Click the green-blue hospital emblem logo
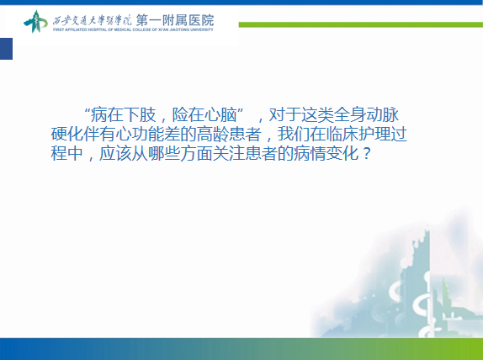click(35, 22)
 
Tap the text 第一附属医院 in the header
click(175, 20)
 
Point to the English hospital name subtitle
click(133, 30)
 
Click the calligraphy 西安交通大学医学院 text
click(92, 21)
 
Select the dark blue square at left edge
click(6, 49)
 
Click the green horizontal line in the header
click(361, 24)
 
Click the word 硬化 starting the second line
click(66, 134)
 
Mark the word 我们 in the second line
click(294, 134)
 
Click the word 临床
click(342, 134)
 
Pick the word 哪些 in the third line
click(164, 153)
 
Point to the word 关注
click(229, 153)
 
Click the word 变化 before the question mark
click(342, 153)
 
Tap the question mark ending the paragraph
click(366, 153)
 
